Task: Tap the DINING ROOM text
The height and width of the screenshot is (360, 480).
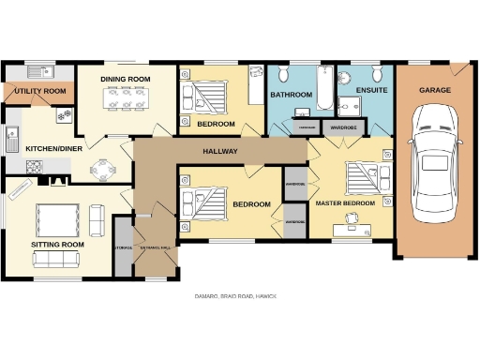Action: pos(126,79)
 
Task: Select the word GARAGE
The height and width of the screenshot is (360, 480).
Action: pos(434,90)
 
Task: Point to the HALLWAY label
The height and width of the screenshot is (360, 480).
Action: pos(220,151)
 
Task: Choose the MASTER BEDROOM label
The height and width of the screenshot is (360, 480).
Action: pos(345,203)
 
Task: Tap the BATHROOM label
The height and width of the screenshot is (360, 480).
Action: pos(291,95)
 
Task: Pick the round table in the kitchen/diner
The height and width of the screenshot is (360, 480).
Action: pos(103,170)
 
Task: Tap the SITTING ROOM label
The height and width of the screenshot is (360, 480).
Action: pos(58,244)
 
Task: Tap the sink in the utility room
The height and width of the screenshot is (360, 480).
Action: pos(39,71)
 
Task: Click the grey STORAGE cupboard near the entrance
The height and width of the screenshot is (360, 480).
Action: pos(122,247)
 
